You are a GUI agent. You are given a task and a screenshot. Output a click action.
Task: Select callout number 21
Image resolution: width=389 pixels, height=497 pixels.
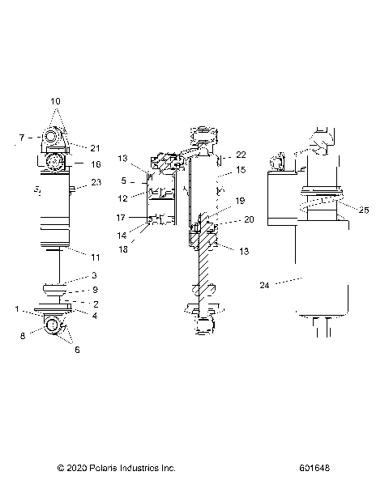pos(95,147)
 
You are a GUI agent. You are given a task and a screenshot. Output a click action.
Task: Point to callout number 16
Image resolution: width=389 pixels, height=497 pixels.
pos(95,164)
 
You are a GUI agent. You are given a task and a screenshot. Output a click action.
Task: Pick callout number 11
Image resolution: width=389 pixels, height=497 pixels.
pos(95,257)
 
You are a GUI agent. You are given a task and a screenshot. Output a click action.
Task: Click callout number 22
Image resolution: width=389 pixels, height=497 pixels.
pos(240,155)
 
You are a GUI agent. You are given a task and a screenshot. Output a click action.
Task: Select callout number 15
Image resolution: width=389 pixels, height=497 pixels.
pos(240,171)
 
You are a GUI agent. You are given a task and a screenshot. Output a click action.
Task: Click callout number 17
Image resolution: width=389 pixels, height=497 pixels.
pos(121,218)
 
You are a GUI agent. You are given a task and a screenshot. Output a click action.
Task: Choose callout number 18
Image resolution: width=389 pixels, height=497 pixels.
pos(123,251)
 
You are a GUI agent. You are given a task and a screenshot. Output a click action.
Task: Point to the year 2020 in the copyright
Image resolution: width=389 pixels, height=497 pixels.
pos(76,468)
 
